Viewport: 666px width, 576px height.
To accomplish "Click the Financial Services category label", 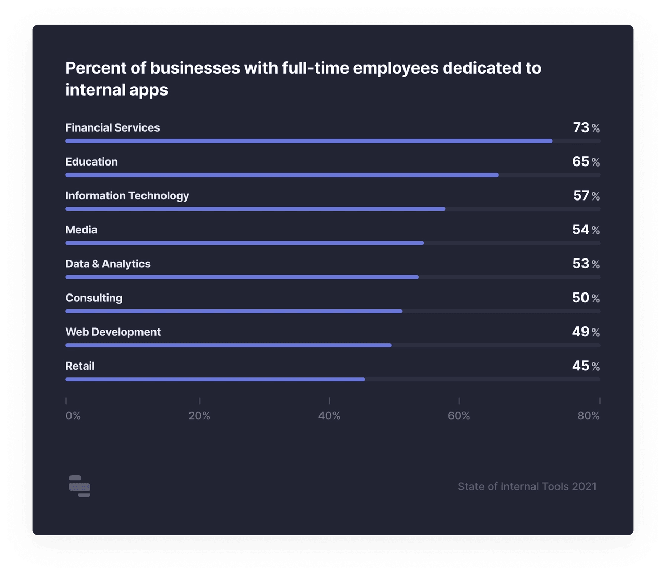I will click(112, 128).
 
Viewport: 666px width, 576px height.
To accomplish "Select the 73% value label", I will click(586, 127).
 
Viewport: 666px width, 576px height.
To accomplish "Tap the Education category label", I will click(91, 162).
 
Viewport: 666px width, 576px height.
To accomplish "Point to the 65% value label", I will click(586, 161).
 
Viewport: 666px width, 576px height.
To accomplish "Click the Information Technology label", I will click(127, 196).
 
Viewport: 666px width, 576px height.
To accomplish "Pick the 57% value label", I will click(586, 195).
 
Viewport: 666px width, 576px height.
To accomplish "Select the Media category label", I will click(81, 230).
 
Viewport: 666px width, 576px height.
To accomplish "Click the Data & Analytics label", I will click(108, 264).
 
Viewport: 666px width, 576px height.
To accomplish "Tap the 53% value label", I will click(586, 264).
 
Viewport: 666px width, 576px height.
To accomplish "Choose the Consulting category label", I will click(93, 298).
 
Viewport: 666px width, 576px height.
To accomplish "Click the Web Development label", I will click(113, 332).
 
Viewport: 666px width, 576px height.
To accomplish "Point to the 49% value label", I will click(586, 332).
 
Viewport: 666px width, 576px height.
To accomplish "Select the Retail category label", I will click(80, 366).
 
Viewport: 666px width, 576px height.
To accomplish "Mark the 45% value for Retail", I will click(586, 366).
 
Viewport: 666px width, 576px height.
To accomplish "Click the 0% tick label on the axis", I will click(73, 416).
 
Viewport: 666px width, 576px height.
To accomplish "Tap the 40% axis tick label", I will click(329, 416).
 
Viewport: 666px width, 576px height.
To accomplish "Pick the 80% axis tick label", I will click(588, 416).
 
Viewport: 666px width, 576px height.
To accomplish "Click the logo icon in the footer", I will click(79, 486).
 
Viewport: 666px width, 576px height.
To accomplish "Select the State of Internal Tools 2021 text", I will click(527, 487).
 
